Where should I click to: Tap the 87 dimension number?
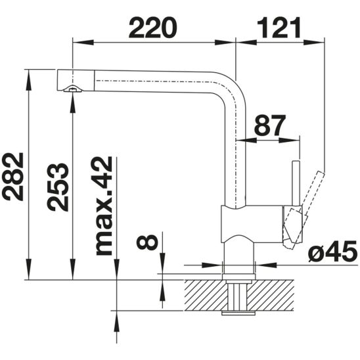(x=271, y=125)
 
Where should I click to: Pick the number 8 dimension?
(x=148, y=241)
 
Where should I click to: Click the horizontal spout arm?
(x=151, y=78)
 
